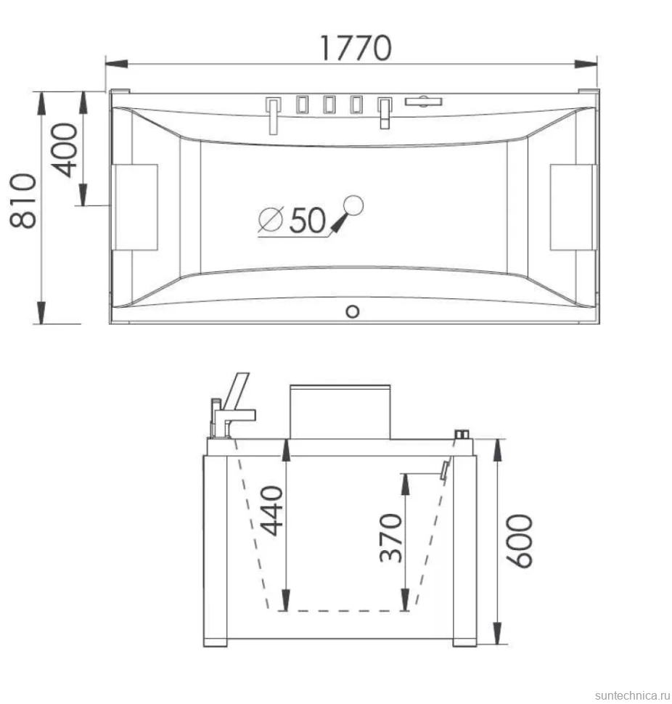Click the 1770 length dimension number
click(356, 48)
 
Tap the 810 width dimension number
click(23, 201)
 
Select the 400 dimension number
click(64, 150)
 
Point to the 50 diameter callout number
click(307, 220)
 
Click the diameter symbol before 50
click(271, 219)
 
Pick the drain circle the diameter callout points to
click(353, 205)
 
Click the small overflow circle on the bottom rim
click(353, 311)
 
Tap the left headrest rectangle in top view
click(135, 207)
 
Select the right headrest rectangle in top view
click(573, 207)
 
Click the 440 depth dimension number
click(272, 510)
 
